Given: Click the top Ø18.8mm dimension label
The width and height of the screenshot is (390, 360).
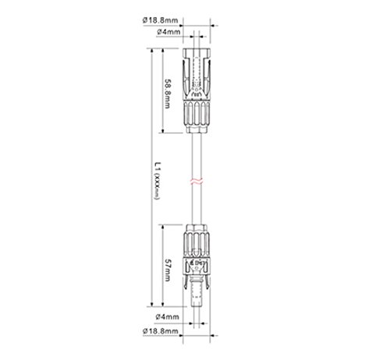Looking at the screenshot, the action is pos(161,20).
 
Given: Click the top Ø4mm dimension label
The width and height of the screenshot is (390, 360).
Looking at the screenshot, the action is pos(168,32).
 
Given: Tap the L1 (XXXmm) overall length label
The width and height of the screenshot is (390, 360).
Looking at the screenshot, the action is pos(157,181).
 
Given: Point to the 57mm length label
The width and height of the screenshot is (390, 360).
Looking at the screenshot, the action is pos(168,270).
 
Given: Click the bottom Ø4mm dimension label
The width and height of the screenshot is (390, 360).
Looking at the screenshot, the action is pos(168,317).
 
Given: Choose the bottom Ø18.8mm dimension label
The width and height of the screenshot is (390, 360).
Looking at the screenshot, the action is pos(161,331).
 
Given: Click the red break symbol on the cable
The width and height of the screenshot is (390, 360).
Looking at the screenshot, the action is pos(197,182).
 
